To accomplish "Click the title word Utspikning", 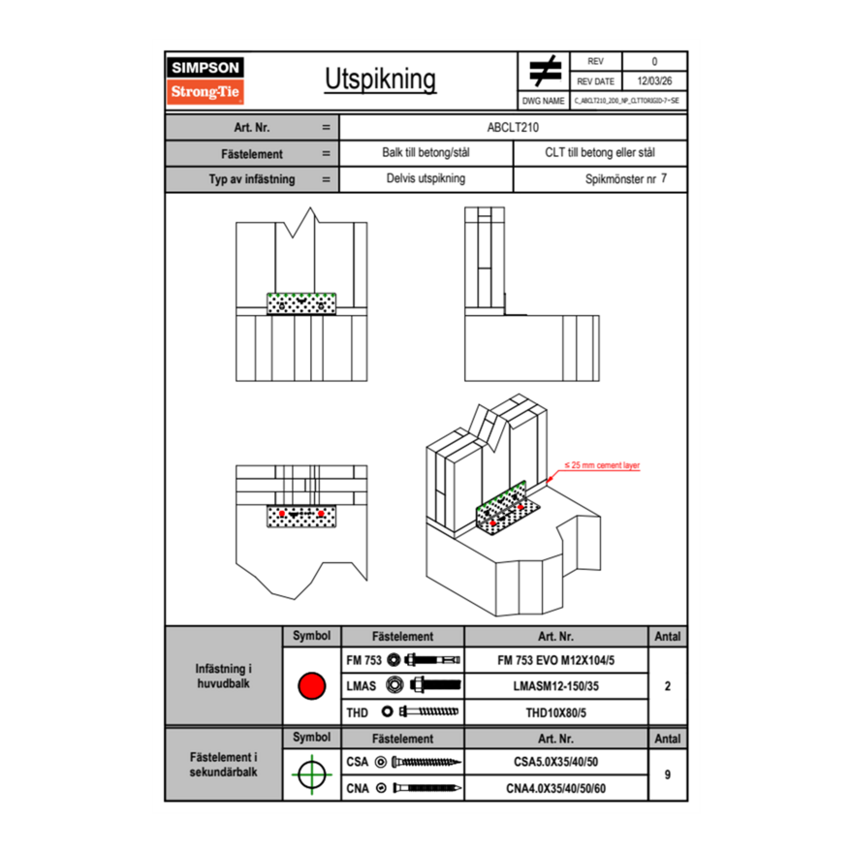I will coord(380,80).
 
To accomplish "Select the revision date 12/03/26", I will coord(654,81).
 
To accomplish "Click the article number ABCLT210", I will coord(513,127).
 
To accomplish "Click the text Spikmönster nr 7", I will coord(626,179).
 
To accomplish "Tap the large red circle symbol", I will coord(311,686).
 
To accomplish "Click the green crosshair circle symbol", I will coord(311,774).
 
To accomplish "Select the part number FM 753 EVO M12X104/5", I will coord(555,660).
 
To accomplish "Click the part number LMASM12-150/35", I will coord(555,686).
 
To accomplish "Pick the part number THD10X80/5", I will coord(555,712).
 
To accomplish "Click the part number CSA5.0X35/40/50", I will coord(555,762).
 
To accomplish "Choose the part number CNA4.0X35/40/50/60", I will coord(555,788).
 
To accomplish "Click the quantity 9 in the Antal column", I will coord(667,774).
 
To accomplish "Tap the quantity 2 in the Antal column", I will coord(667,686).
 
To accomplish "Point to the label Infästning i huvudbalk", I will coord(224,677).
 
